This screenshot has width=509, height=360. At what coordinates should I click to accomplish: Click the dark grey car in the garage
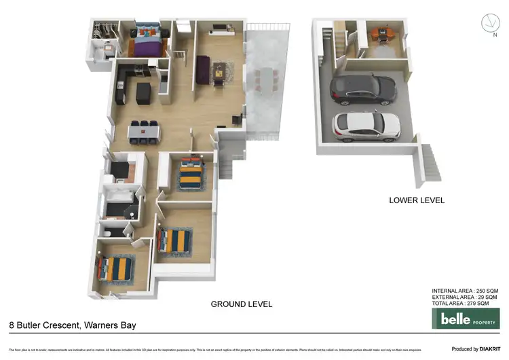coord(362,89)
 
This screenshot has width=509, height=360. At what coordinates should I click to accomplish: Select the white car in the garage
coord(366,124)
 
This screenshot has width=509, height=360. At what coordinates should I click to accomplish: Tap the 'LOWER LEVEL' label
coord(417,200)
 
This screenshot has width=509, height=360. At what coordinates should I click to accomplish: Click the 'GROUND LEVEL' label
coord(242,304)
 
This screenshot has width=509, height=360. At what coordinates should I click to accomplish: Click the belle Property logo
coord(466,318)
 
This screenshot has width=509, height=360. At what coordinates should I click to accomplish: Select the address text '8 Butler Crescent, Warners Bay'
coord(73,325)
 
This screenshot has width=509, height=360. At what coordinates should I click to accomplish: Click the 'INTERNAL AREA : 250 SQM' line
coord(465,291)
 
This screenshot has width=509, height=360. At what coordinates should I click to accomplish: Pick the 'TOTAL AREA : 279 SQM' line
coord(465,304)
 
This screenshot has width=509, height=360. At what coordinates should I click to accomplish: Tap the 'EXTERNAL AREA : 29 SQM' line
coord(465,298)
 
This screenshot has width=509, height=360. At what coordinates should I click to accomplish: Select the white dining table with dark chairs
coord(143,131)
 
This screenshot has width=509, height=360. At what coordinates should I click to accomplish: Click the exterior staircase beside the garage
coord(429,164)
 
